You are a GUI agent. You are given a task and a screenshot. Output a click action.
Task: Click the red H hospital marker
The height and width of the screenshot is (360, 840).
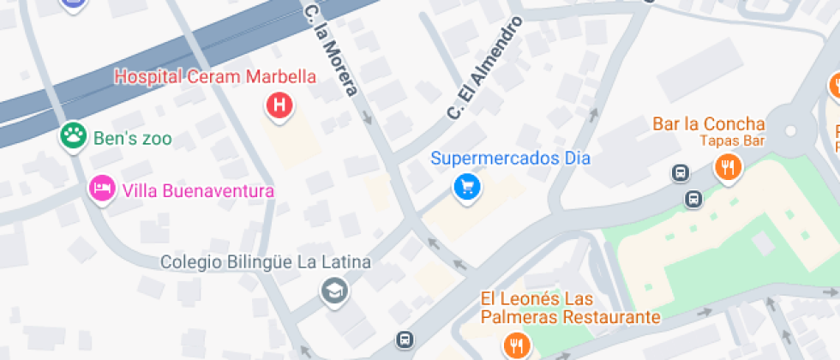(279, 106)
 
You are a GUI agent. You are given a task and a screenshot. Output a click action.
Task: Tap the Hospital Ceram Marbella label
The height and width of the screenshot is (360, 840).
(215, 77)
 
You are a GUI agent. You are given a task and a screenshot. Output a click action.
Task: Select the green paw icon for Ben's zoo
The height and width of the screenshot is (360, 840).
(73, 135)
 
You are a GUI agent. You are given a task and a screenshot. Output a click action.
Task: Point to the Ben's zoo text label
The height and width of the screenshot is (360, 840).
(133, 138)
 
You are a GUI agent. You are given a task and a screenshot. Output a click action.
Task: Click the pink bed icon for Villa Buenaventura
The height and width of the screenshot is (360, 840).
(102, 189)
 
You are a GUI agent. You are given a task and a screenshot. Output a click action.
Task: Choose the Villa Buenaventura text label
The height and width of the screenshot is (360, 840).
(198, 190)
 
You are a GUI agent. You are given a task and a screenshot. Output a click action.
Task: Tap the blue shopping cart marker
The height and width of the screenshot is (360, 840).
(467, 185)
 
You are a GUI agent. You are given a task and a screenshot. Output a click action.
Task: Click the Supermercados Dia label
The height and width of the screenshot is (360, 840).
(510, 159)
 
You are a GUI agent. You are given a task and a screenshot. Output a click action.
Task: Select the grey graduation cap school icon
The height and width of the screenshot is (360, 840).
(334, 291)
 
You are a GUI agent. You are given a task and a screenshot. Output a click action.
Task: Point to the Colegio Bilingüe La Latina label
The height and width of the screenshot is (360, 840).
(267, 261)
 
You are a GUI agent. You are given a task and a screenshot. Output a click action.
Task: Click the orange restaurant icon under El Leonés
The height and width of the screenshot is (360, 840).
(517, 346)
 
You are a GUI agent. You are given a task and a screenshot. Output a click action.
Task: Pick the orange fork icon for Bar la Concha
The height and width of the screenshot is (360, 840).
(729, 168)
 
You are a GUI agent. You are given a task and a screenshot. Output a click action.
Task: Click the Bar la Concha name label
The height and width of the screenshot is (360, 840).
(708, 123)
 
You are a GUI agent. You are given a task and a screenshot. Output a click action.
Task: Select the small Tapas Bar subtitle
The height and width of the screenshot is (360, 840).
(731, 141)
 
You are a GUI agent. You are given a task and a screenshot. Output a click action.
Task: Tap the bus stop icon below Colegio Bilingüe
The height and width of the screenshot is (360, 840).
(404, 339)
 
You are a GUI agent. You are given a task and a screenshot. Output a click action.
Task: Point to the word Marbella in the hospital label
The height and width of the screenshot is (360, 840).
(280, 77)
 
